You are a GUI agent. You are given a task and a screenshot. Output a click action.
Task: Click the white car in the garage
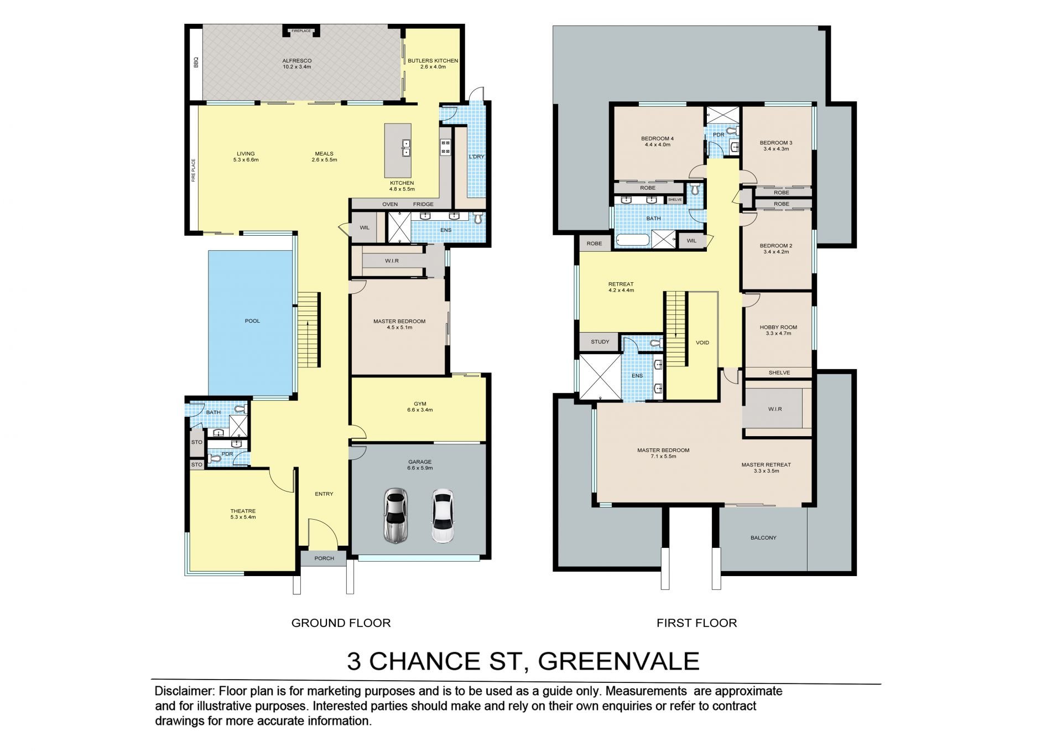pos(442,516)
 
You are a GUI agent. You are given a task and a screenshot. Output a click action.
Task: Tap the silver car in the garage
pos(395,516)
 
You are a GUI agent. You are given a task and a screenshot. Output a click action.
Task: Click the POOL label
pos(252,321)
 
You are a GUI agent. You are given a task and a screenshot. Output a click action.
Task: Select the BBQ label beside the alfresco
pos(196,64)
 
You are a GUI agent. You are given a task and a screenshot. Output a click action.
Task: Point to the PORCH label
pos(324,558)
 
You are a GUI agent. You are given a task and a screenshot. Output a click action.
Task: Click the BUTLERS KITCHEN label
pos(433,61)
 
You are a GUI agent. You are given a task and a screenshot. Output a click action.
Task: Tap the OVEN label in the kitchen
pos(390,204)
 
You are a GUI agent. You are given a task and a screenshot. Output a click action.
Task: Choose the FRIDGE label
pos(423,204)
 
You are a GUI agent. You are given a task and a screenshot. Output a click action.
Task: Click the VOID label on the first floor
pos(702,343)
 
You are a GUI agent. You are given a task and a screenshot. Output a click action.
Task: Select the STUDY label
pos(600,342)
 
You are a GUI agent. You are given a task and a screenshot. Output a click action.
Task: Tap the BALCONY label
pos(763,538)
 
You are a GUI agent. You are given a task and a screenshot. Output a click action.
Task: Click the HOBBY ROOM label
pos(778,328)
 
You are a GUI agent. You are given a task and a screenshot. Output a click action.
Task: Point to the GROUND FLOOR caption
pos(341,623)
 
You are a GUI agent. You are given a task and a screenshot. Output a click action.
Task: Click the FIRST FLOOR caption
pos(697,623)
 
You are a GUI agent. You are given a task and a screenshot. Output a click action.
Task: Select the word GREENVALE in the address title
pos(619,661)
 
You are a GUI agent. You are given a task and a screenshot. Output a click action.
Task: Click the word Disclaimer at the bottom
pos(184,691)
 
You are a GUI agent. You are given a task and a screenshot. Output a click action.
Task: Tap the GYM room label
pos(420,404)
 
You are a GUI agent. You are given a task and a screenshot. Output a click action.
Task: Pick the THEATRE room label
pos(243,511)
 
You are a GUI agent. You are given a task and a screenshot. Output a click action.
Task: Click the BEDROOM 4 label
pos(657,138)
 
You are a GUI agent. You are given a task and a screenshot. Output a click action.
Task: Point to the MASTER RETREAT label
pos(766,465)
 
